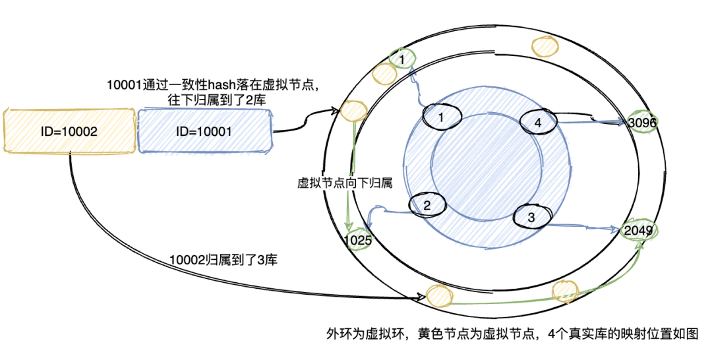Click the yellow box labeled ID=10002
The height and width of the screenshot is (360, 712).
(69, 131)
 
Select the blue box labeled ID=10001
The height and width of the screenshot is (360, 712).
(205, 131)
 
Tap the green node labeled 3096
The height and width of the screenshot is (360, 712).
(641, 122)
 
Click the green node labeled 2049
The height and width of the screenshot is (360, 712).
(638, 231)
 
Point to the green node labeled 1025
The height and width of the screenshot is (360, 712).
(358, 240)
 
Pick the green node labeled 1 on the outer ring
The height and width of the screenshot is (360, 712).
(401, 59)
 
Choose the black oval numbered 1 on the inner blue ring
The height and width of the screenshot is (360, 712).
(441, 117)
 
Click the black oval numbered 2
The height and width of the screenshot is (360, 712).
(427, 205)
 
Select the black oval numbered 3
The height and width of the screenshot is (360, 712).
(531, 217)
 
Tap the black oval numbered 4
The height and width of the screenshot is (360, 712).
(538, 122)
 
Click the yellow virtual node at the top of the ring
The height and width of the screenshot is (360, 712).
(545, 46)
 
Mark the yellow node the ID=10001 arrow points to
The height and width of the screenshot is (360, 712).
(353, 111)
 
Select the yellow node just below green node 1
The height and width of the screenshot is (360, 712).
(384, 74)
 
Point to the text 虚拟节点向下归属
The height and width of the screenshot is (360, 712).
(345, 183)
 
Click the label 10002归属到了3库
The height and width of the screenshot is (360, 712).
(223, 260)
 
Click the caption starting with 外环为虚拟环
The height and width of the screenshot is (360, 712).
(512, 334)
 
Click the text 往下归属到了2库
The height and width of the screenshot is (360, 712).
(217, 100)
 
